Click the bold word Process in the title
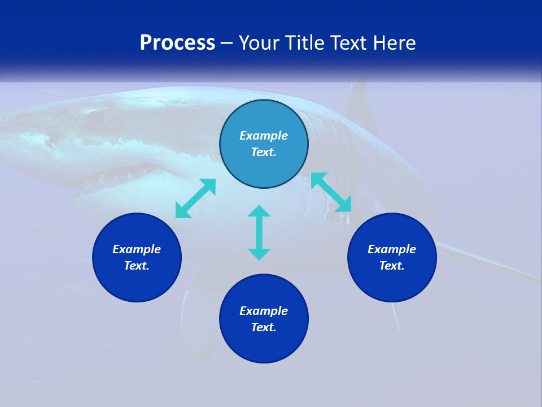[177, 43]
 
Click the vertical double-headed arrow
[259, 232]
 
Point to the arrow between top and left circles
[195, 198]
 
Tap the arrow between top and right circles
[331, 192]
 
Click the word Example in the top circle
[264, 136]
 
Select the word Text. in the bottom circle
[264, 327]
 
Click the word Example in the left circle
[137, 249]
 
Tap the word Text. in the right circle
[392, 266]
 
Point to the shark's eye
[94, 117]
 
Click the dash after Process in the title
[227, 43]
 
